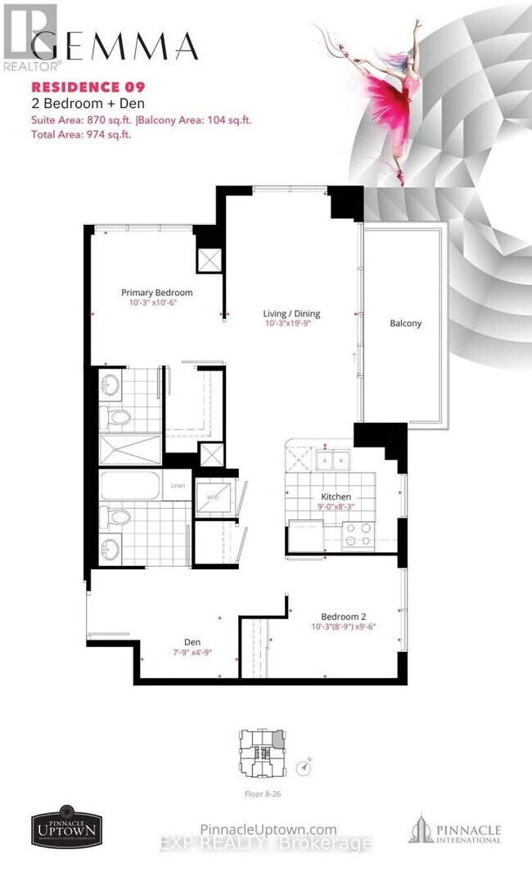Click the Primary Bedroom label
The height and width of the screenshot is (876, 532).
(156, 293)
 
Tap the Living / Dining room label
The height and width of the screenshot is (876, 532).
(291, 313)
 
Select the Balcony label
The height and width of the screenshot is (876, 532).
(405, 323)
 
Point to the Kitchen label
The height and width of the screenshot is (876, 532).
(336, 496)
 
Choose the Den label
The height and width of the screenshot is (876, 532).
(192, 642)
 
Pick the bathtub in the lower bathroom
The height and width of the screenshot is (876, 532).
(131, 487)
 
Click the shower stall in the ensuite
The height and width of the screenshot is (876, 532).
(131, 448)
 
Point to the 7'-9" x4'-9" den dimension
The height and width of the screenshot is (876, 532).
(192, 653)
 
